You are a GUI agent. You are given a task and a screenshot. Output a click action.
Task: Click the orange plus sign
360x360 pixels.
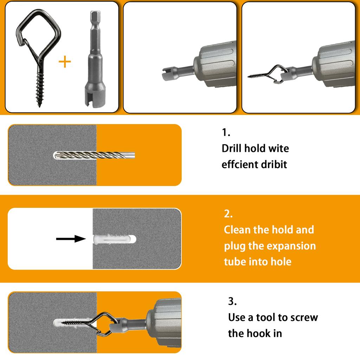[x=65, y=62]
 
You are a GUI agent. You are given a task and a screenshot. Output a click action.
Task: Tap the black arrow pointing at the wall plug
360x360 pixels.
[x=71, y=239]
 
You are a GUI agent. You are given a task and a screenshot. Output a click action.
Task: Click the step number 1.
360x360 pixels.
[x=226, y=133]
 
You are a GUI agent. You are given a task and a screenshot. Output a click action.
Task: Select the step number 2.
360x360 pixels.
[x=228, y=214]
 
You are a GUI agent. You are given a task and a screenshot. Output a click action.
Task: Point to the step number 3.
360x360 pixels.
[x=232, y=301]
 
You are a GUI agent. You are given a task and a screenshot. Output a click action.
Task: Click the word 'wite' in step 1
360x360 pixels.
[x=279, y=148]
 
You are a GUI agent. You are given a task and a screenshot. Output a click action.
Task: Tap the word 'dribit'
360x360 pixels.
[x=274, y=165]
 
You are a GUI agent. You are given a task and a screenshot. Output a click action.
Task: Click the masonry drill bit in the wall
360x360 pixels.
[x=94, y=155]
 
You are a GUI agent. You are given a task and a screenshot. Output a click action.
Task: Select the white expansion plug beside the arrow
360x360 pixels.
[x=115, y=239]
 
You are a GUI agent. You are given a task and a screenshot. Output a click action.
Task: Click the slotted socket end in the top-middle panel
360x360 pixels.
[x=169, y=74]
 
